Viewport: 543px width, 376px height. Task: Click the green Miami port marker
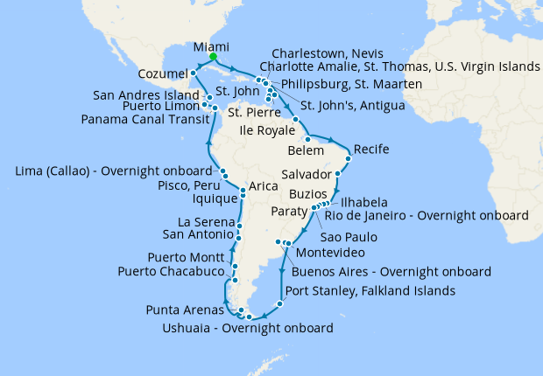pyautogui.click(x=213, y=58)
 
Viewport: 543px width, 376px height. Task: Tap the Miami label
pyautogui.click(x=211, y=46)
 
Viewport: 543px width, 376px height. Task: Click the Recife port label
pyautogui.click(x=370, y=150)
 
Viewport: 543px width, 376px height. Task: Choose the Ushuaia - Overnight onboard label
pyautogui.click(x=249, y=329)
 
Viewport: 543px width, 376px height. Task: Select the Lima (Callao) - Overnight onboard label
pyautogui.click(x=113, y=171)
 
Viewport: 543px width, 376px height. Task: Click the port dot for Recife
pyautogui.click(x=349, y=158)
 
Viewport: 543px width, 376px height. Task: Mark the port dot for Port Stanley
pyautogui.click(x=279, y=304)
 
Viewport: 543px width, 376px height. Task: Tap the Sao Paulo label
pyautogui.click(x=349, y=237)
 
